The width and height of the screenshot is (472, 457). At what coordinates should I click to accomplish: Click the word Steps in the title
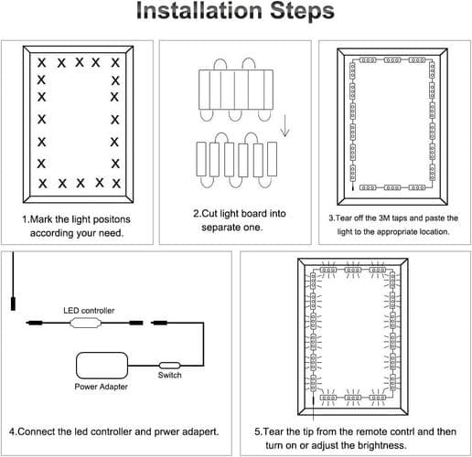303,12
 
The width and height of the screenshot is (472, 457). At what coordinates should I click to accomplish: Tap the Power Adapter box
102,366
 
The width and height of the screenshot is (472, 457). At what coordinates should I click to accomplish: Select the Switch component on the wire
170,366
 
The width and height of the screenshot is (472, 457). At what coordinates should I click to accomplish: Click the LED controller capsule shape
85,323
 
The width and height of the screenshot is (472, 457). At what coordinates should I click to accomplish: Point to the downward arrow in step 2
284,125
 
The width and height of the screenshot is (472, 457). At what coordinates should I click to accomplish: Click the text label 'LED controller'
89,311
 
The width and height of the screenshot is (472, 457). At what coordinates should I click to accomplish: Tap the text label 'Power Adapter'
101,387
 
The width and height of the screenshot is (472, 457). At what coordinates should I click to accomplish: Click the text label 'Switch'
170,375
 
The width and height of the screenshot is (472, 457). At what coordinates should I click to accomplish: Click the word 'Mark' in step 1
42,219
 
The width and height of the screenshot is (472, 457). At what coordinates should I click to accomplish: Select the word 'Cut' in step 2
209,214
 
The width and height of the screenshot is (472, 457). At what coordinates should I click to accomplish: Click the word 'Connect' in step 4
37,431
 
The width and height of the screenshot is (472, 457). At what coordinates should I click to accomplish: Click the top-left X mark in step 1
42,63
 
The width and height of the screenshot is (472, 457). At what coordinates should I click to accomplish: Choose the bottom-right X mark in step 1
116,184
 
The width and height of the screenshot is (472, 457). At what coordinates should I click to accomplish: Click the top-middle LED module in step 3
392,60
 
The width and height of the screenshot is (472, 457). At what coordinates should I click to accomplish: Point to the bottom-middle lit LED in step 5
353,398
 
